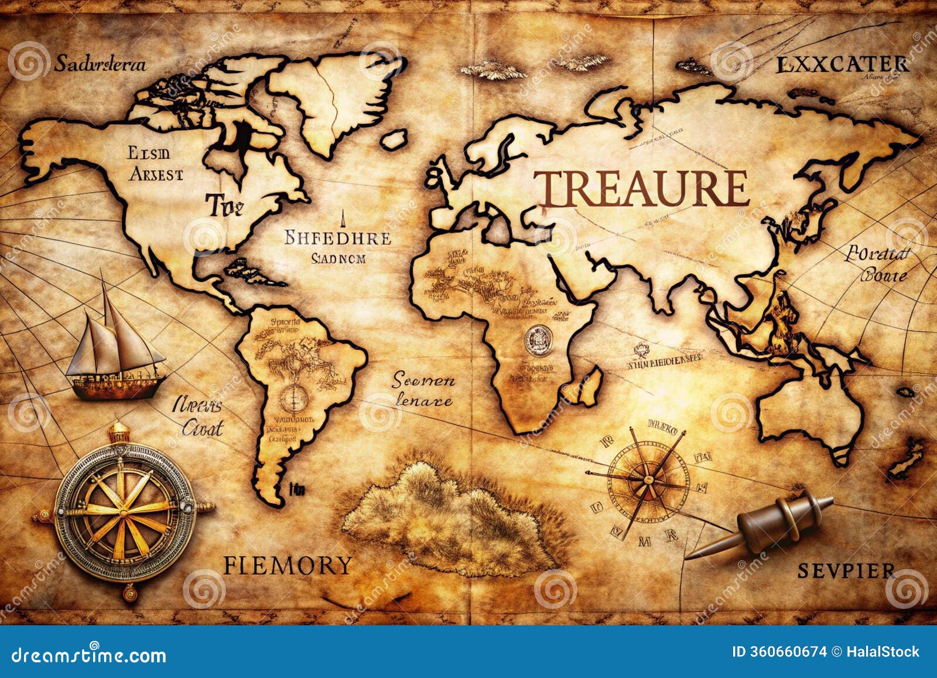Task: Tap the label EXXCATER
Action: (x=842, y=64)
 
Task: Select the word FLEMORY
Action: (x=288, y=565)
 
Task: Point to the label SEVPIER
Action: (x=846, y=570)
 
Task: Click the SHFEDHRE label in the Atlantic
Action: (x=338, y=238)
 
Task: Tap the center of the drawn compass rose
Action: (x=647, y=481)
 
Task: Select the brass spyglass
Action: (x=779, y=519)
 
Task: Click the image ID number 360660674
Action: (x=779, y=652)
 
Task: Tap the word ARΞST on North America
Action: (x=156, y=174)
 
